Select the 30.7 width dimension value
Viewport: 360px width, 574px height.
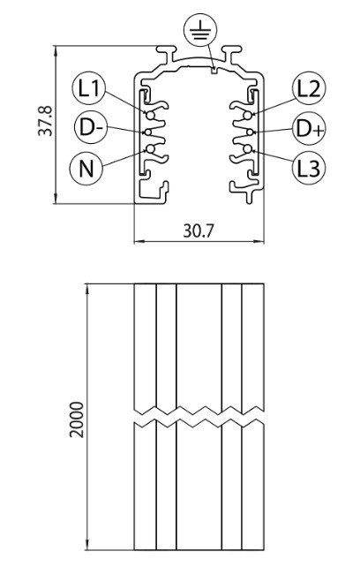(x=198, y=230)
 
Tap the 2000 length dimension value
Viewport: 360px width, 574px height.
(x=77, y=419)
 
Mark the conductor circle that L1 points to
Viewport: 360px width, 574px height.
(x=150, y=116)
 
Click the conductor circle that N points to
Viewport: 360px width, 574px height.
(x=150, y=148)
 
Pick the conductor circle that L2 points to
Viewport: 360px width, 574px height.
(x=248, y=116)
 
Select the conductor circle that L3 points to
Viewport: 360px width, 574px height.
(x=248, y=148)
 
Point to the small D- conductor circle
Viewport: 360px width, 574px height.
(x=148, y=132)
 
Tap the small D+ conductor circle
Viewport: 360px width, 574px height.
(x=250, y=132)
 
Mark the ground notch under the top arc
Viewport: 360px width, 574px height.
(x=214, y=71)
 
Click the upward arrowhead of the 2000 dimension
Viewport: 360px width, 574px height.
(x=87, y=289)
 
